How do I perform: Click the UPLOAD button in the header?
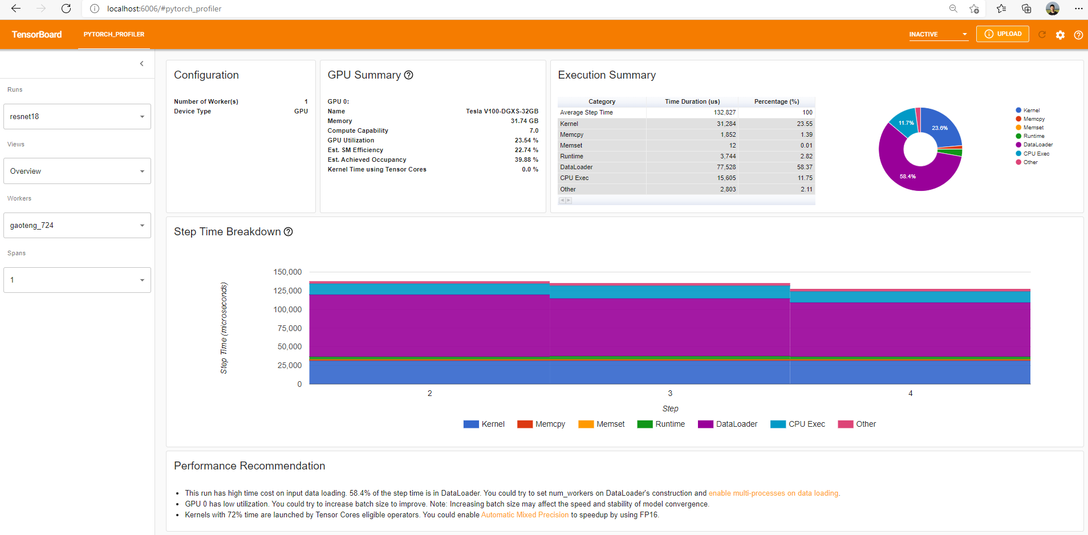coord(1002,34)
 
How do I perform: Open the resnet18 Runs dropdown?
coord(77,117)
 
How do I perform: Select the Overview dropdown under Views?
coord(77,171)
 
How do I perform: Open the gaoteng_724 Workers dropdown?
coord(77,226)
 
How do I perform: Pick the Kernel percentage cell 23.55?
coord(805,124)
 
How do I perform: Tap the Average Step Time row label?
coord(586,113)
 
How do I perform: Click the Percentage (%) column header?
coord(776,101)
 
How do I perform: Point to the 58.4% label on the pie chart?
coord(907,177)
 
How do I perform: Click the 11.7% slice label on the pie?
coord(906,123)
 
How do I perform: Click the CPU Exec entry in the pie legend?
coord(1036,154)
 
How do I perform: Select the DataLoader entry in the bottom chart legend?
coord(736,424)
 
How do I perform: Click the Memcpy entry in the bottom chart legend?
coord(550,424)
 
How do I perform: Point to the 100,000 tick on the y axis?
coord(287,309)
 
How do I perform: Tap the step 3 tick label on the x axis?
coord(670,393)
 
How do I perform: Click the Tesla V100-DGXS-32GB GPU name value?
coord(502,112)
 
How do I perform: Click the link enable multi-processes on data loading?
coord(773,493)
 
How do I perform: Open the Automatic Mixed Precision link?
coord(525,515)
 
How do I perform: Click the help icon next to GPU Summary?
coord(408,75)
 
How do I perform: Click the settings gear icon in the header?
coord(1060,35)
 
